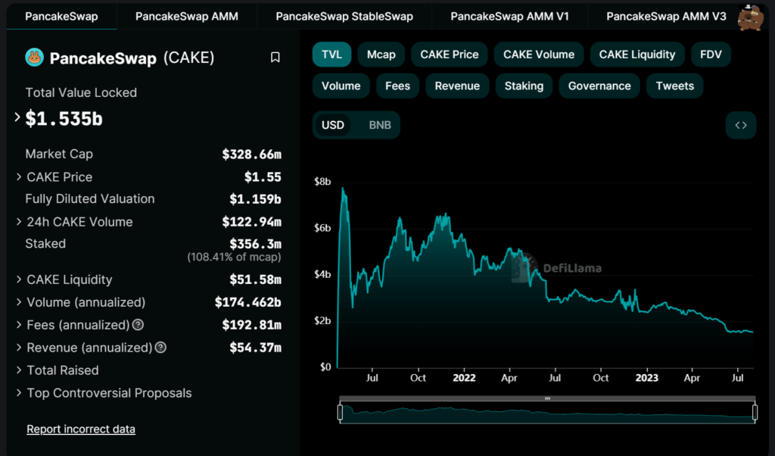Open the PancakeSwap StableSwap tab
(344, 17)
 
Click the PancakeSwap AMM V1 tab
(509, 17)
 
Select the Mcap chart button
(381, 55)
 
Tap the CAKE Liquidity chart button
(637, 55)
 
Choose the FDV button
(711, 55)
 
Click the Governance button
(599, 86)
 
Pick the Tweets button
(674, 86)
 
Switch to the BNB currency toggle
(380, 125)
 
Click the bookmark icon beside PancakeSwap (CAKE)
(275, 58)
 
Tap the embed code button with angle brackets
(740, 125)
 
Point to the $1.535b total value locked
(64, 119)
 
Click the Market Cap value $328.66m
(251, 155)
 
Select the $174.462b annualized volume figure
(248, 302)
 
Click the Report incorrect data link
(81, 429)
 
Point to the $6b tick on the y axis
(322, 228)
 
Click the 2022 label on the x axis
(464, 378)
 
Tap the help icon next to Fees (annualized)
(139, 325)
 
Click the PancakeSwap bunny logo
(35, 58)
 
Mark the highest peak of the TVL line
(343, 188)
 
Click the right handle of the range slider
(755, 412)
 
